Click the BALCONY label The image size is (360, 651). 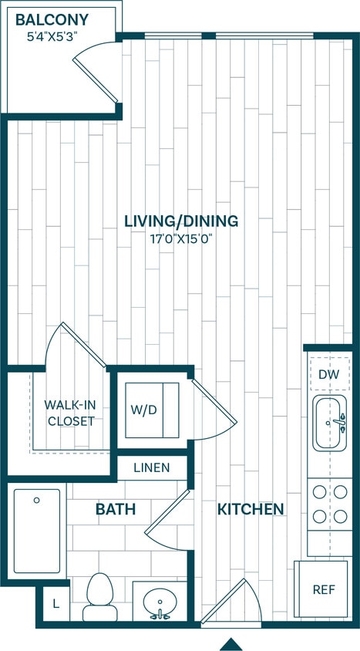52,20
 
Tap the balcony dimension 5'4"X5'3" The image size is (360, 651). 52,35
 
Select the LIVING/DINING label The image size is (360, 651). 181,221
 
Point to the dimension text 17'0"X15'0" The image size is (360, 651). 181,238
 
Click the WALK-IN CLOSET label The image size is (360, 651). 69,413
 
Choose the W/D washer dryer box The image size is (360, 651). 152,410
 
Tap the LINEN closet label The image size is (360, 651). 152,467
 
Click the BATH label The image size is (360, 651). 116,509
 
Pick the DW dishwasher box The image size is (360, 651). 329,375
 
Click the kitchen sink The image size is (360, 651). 330,423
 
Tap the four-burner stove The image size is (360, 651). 330,504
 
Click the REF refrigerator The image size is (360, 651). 323,589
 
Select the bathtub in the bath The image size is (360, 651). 36,531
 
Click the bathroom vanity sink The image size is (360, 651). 160,602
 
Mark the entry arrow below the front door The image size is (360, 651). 229,643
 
